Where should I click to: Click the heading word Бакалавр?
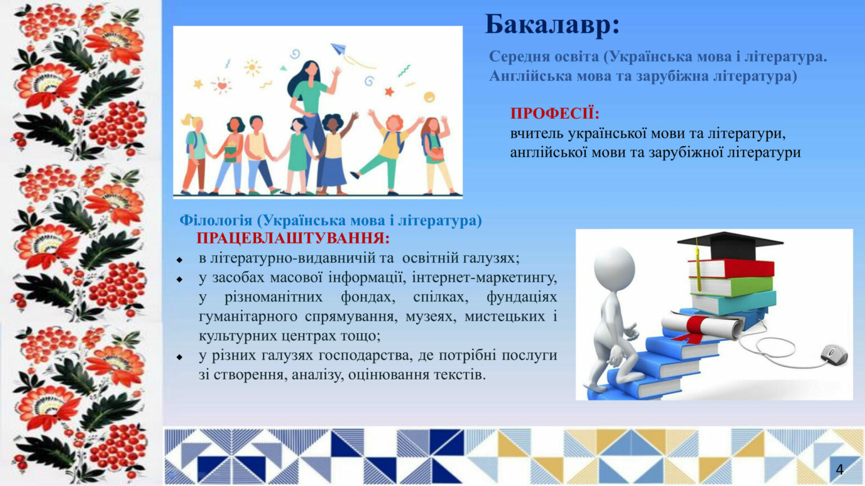[549, 24]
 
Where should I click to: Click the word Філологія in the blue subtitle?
[216, 220]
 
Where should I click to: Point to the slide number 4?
[840, 470]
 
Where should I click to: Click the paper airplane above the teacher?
[338, 48]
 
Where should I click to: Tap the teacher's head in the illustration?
[311, 70]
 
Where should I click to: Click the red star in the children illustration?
[389, 92]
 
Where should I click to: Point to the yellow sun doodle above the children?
[252, 68]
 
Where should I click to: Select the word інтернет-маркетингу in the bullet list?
[484, 278]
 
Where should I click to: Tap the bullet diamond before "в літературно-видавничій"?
[179, 260]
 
